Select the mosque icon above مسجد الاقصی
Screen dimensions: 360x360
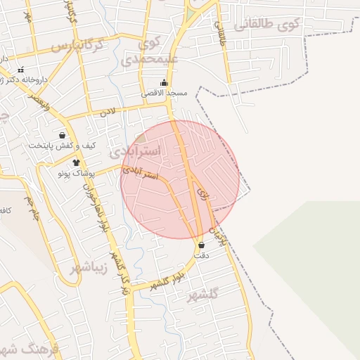pyautogui.click(x=164, y=82)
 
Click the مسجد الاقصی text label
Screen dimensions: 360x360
pyautogui.click(x=163, y=94)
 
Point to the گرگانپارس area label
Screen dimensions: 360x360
pyautogui.click(x=77, y=46)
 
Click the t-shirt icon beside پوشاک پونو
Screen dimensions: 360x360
pyautogui.click(x=76, y=162)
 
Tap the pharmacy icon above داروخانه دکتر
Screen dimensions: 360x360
pyautogui.click(x=20, y=70)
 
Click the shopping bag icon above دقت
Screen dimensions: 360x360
pyautogui.click(x=202, y=245)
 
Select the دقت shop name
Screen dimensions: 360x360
pyautogui.click(x=202, y=256)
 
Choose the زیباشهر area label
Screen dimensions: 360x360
pyautogui.click(x=89, y=268)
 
